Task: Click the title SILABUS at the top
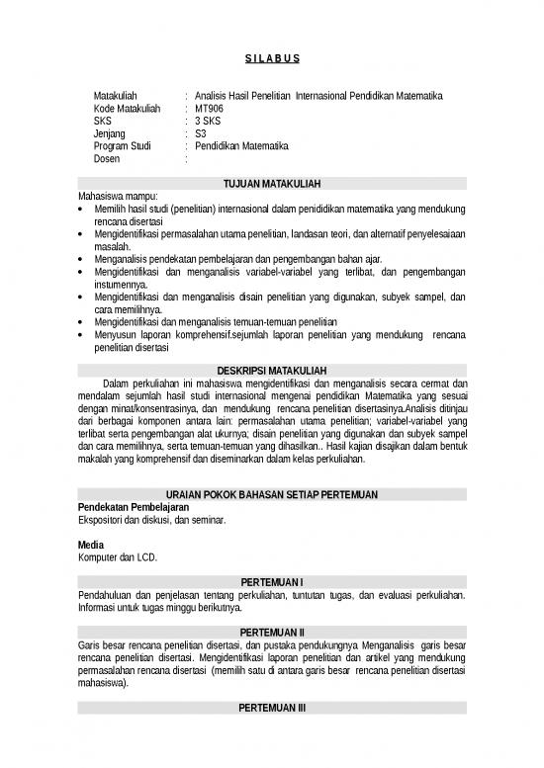point(271,59)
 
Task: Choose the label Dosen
point(107,158)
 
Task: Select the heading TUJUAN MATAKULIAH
point(271,185)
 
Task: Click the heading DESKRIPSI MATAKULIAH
point(271,372)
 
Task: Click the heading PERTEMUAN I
point(271,582)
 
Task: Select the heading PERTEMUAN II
point(271,633)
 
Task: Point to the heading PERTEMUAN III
point(271,709)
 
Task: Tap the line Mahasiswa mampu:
point(115,197)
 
